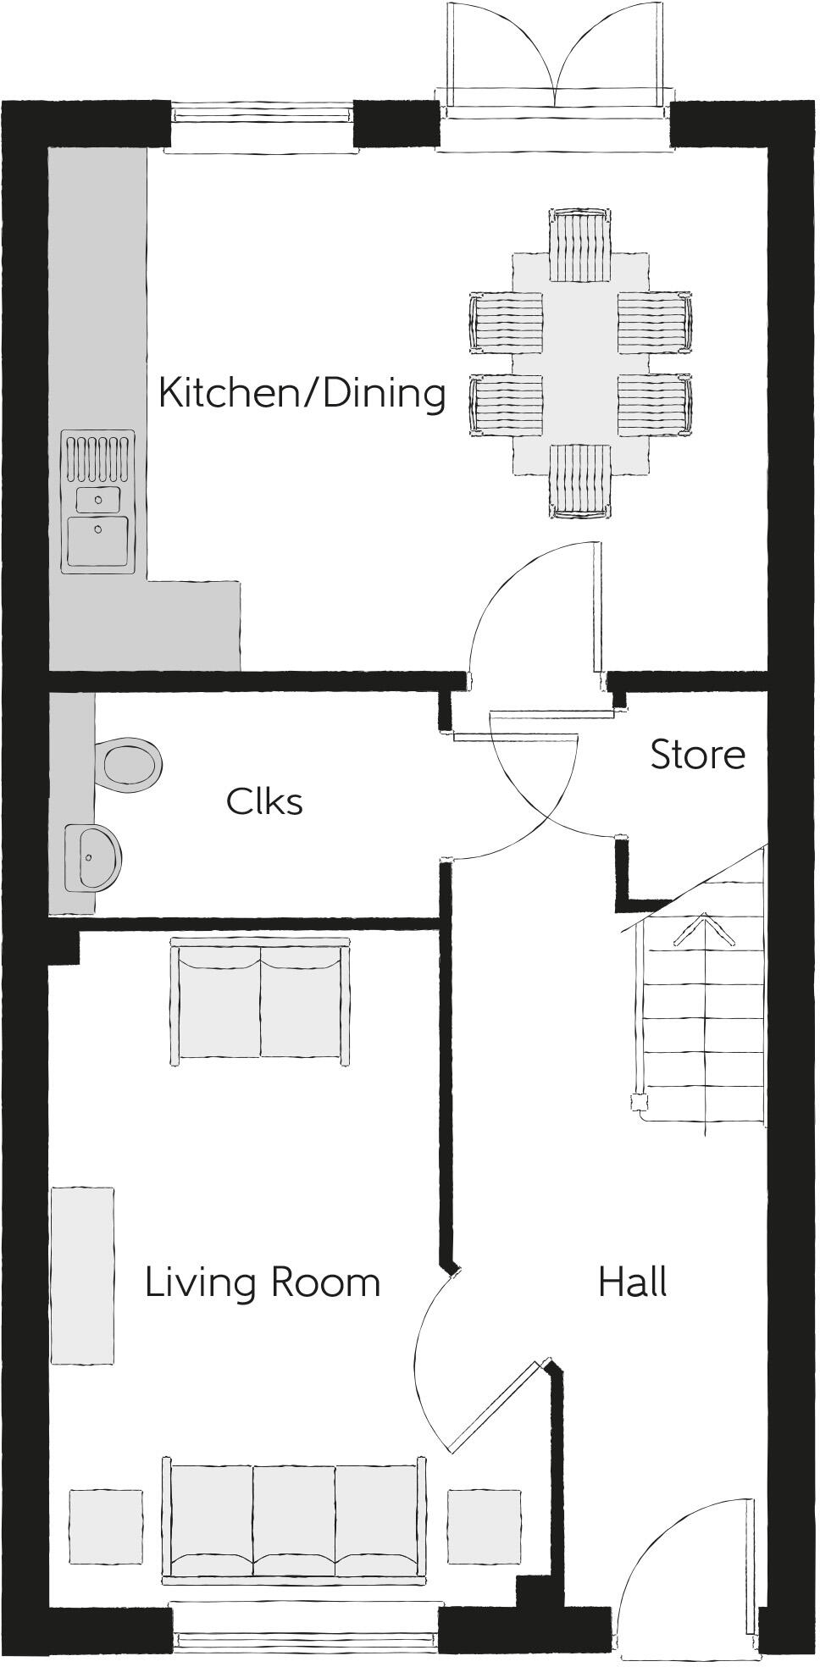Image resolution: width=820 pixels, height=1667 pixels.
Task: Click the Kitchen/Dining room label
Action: tap(302, 394)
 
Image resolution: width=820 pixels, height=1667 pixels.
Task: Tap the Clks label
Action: tap(264, 801)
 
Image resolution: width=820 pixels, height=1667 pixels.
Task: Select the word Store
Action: tap(697, 755)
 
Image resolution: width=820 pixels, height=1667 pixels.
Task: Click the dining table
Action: tap(580, 364)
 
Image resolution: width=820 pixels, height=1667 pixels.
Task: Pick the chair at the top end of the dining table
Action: tap(580, 246)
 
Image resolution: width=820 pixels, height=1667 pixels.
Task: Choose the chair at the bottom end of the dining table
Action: tap(580, 481)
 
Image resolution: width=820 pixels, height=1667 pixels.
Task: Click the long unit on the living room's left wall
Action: tap(82, 1275)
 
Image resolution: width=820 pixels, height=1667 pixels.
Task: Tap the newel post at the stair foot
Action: tap(637, 1102)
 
